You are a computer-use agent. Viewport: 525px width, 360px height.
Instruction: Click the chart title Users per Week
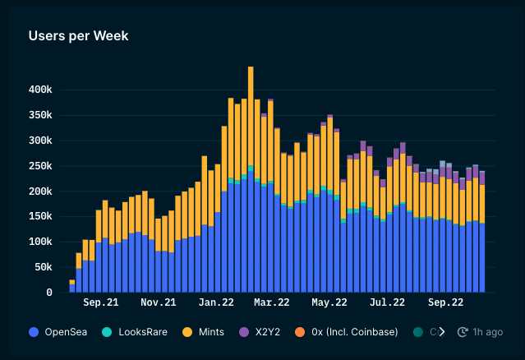pyautogui.click(x=78, y=36)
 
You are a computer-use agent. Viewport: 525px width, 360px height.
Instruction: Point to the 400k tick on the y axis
pyautogui.click(x=39, y=89)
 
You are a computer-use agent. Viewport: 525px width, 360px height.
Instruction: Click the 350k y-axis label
pyautogui.click(x=39, y=114)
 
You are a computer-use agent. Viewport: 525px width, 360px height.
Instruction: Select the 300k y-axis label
pyautogui.click(x=39, y=141)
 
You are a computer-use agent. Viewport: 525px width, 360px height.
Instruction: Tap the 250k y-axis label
pyautogui.click(x=39, y=166)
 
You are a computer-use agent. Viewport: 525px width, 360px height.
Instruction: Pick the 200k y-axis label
pyautogui.click(x=39, y=192)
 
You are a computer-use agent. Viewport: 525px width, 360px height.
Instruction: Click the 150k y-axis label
pyautogui.click(x=39, y=217)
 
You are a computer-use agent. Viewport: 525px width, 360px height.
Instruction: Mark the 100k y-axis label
pyautogui.click(x=39, y=242)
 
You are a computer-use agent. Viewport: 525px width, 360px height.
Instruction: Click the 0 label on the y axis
pyautogui.click(x=49, y=293)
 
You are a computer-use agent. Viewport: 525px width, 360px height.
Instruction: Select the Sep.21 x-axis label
pyautogui.click(x=101, y=302)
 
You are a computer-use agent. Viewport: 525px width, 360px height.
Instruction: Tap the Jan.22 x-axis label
pyautogui.click(x=217, y=302)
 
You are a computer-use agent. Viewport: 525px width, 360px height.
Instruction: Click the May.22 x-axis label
pyautogui.click(x=329, y=302)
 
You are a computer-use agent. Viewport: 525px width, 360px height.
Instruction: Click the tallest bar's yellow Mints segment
pyautogui.click(x=251, y=115)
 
